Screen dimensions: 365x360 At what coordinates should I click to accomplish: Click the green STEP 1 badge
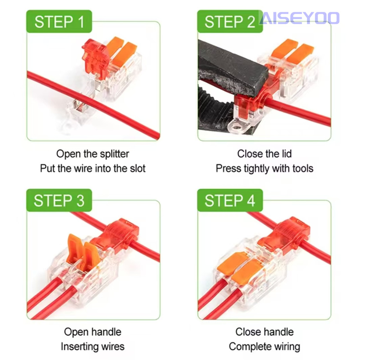(59, 22)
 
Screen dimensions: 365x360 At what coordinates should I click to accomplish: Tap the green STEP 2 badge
(230, 22)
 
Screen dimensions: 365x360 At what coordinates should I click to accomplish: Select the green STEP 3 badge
(59, 200)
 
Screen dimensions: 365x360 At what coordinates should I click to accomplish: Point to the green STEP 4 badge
(230, 200)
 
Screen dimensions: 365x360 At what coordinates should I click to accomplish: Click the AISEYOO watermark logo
(299, 18)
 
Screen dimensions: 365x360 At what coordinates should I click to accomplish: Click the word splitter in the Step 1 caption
(114, 154)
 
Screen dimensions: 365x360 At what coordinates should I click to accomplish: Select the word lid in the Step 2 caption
(285, 154)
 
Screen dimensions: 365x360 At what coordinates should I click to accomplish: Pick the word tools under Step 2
(303, 168)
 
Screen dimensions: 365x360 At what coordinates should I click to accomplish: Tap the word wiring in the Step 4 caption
(286, 346)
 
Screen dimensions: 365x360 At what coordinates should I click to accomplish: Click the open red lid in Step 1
(95, 57)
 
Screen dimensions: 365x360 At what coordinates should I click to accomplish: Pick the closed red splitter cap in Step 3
(117, 235)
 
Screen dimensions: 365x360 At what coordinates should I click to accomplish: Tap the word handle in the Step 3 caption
(106, 332)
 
